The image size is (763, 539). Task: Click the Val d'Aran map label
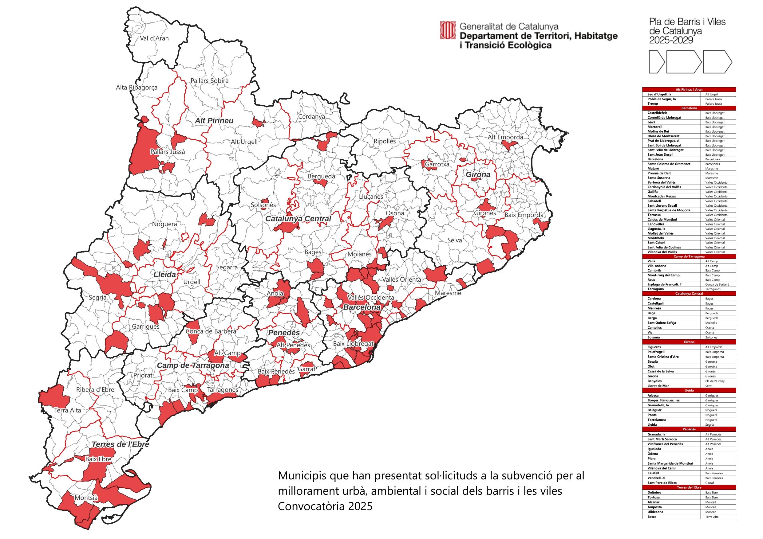(154, 38)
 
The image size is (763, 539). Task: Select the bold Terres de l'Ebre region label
(120, 444)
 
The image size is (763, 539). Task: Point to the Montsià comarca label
(86, 498)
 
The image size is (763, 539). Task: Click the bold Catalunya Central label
(298, 219)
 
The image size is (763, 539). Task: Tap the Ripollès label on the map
(385, 141)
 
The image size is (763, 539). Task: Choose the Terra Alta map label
(67, 410)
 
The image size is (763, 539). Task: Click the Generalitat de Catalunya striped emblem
(448, 30)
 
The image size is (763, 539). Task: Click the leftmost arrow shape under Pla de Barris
(656, 62)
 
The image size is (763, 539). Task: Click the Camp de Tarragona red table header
(689, 256)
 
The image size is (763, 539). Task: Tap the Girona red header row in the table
(689, 342)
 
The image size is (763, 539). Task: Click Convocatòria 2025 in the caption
(325, 506)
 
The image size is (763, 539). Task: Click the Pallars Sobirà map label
(209, 81)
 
